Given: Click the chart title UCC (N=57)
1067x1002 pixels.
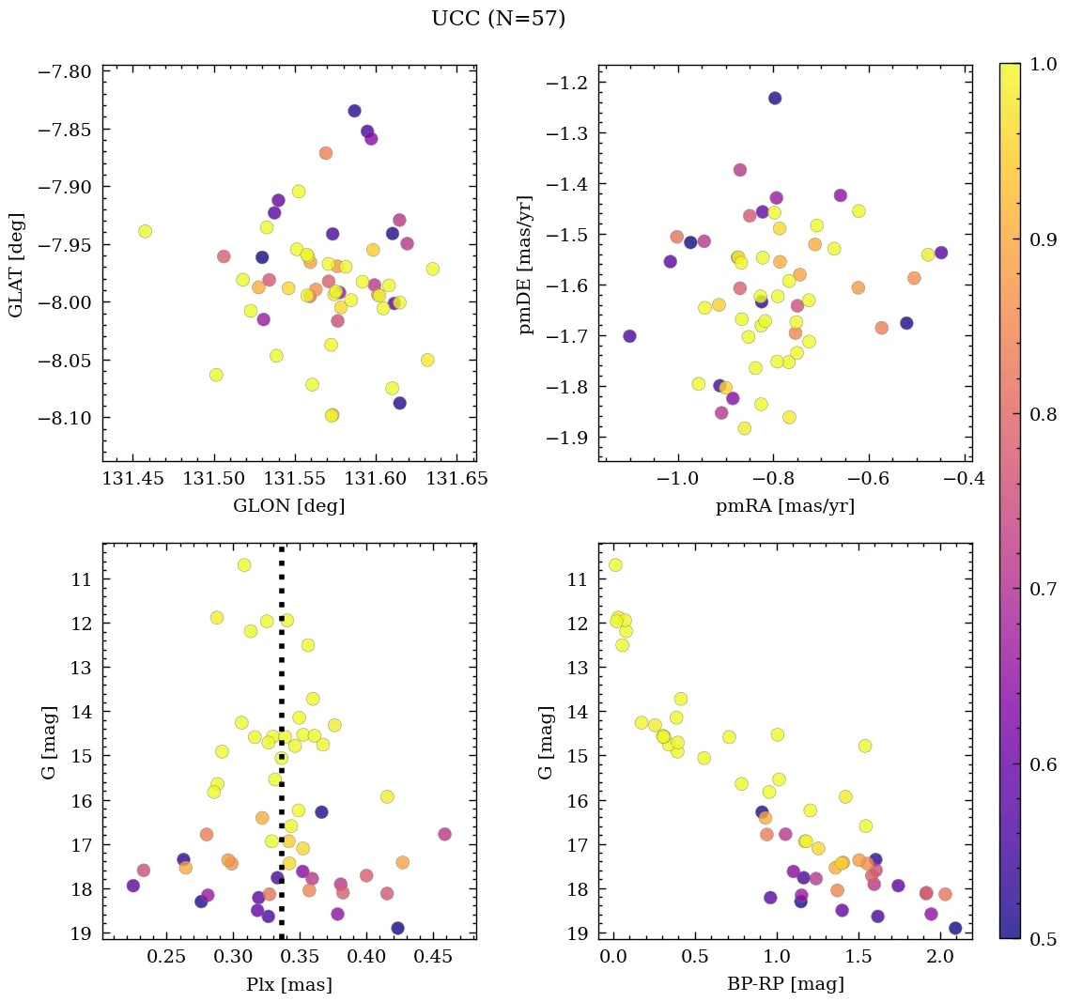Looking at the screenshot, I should (498, 19).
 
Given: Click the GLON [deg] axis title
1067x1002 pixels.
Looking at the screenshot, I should (288, 506).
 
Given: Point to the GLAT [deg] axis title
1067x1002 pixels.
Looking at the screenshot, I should (17, 264).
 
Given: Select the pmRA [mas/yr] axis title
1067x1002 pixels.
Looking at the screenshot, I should (785, 506).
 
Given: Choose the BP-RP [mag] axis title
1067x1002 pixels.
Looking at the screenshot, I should (785, 984).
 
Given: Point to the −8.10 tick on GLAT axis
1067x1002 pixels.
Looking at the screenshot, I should (64, 417).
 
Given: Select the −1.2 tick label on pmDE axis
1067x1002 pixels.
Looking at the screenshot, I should (567, 83).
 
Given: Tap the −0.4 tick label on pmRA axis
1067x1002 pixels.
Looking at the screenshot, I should (964, 480).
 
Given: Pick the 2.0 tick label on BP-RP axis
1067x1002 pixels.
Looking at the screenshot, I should (939, 958).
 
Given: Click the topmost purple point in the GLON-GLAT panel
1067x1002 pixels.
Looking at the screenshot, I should (354, 111).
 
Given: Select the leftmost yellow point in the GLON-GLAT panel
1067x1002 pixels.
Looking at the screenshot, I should (145, 231).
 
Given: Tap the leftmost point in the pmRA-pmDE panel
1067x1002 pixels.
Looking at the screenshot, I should (629, 336).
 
